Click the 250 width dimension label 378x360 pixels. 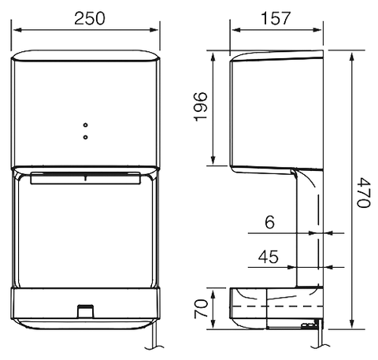point(87,17)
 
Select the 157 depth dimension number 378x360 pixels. point(276,17)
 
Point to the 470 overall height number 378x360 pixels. point(363,191)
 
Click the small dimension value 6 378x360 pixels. point(269,223)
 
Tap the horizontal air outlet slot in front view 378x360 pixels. point(87,179)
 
